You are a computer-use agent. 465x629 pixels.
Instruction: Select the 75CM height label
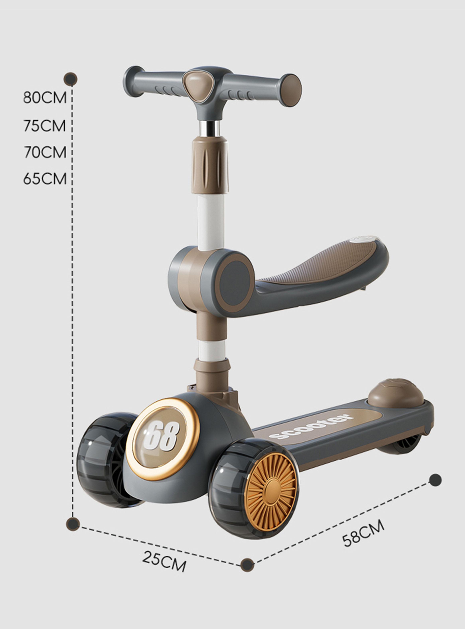click(x=45, y=125)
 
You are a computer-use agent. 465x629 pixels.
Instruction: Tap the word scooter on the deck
click(x=311, y=426)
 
